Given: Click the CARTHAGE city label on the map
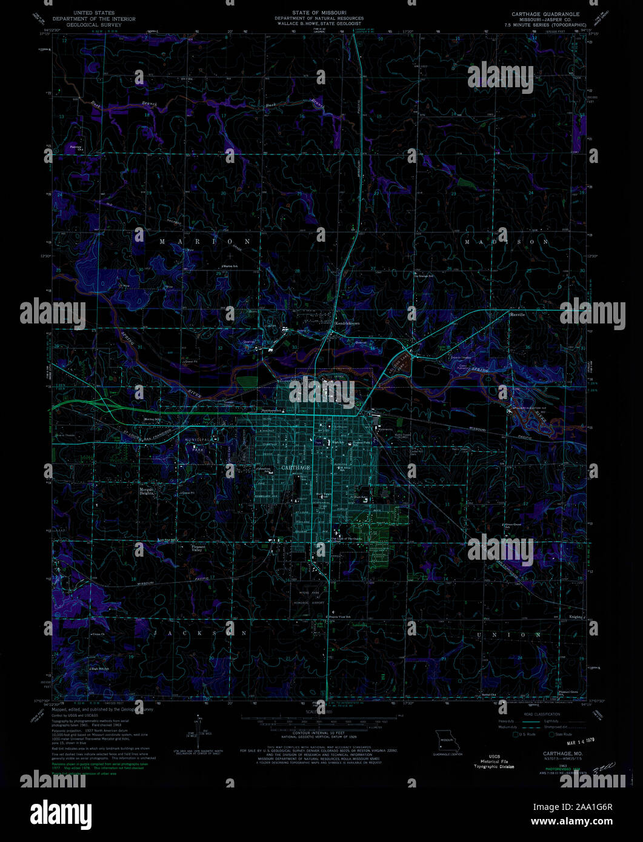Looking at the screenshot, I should [296, 468].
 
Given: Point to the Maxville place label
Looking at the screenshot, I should [517, 315].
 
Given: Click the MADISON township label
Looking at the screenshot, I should [506, 242].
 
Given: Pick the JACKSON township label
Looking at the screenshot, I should [201, 633].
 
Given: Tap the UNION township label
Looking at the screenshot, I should [509, 635].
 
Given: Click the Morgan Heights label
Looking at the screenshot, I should [147, 491].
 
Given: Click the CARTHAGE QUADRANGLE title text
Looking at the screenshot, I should [545, 14].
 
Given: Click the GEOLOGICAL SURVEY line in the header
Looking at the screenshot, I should [93, 25].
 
